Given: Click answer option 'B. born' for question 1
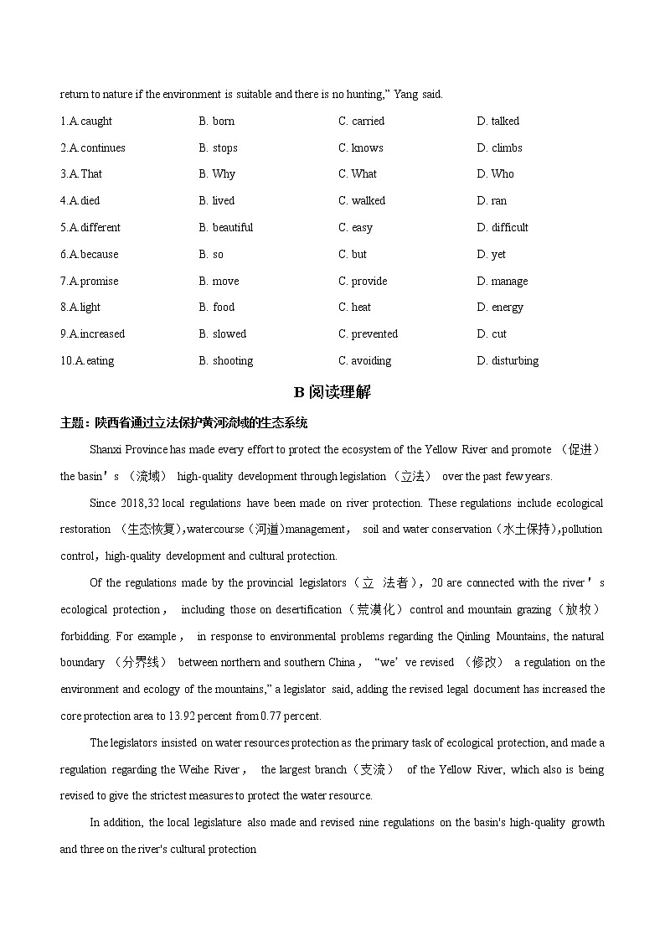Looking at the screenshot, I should click(217, 121).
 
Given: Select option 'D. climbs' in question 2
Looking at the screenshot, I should click(499, 147).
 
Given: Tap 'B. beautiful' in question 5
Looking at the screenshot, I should click(226, 227).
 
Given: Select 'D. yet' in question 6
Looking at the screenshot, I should click(492, 254).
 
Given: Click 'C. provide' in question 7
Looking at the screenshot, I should click(363, 281).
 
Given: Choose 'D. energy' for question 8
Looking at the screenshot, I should click(500, 308).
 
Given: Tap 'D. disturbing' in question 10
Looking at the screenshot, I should click(508, 360).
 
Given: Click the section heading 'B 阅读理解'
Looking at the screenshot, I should click(332, 391).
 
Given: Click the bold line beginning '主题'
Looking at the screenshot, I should click(183, 421).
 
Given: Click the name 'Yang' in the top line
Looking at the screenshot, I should click(405, 95).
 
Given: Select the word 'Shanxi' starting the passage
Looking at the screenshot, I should click(106, 449).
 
